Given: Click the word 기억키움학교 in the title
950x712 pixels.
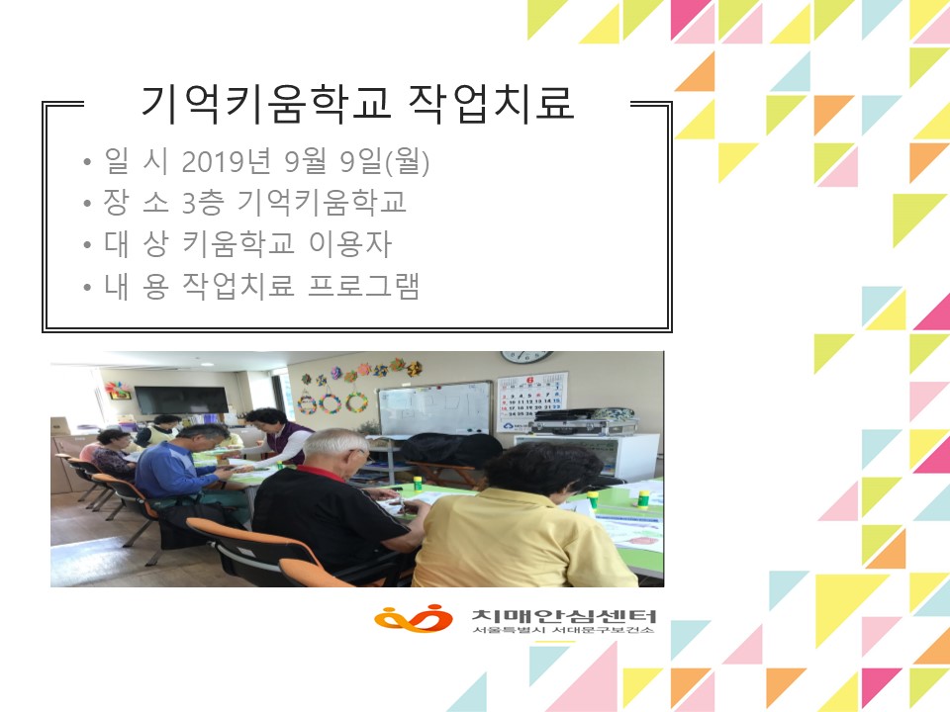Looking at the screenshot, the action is tap(266, 102).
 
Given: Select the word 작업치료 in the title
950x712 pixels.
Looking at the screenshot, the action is tap(492, 102).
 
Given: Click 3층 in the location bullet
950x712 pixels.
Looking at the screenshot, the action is tap(203, 202).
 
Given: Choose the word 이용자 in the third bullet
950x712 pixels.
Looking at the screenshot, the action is tap(350, 244).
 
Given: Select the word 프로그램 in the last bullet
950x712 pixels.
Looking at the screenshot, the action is tap(363, 286).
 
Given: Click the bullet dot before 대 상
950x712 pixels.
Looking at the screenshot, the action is tap(87, 246).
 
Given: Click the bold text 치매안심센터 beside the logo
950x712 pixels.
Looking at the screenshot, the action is tap(564, 616).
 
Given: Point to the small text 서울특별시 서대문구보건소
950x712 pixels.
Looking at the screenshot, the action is tap(563, 630).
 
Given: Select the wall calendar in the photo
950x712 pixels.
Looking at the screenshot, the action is tap(532, 402).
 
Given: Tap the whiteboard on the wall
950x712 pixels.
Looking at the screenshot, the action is tap(435, 409).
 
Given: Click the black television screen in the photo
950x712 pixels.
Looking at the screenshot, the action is tap(181, 400).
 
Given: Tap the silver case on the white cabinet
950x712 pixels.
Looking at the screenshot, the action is tap(584, 425).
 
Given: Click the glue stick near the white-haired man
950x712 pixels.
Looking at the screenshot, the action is tap(418, 484).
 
